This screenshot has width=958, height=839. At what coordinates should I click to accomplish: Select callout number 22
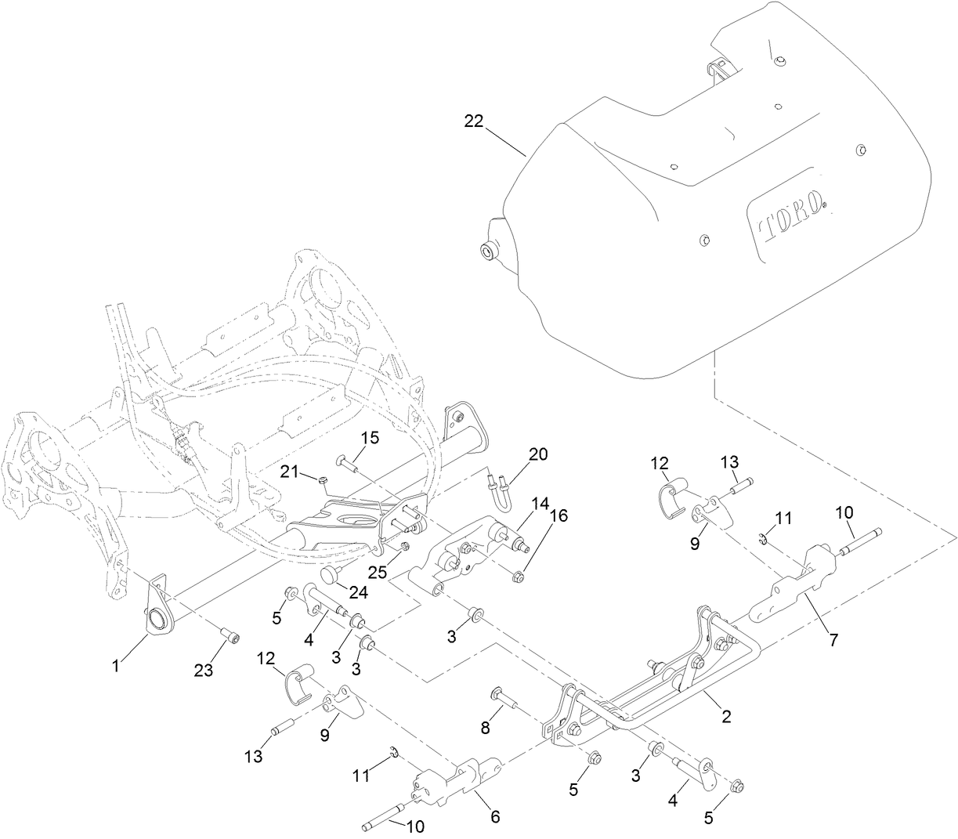(473, 121)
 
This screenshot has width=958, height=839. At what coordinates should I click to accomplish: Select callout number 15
(369, 437)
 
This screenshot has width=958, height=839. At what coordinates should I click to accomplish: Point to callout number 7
(833, 640)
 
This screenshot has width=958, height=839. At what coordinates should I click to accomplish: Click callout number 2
(726, 716)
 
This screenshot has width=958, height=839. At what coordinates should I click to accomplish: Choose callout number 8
(485, 728)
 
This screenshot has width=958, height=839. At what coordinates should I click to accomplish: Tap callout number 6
(494, 815)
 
